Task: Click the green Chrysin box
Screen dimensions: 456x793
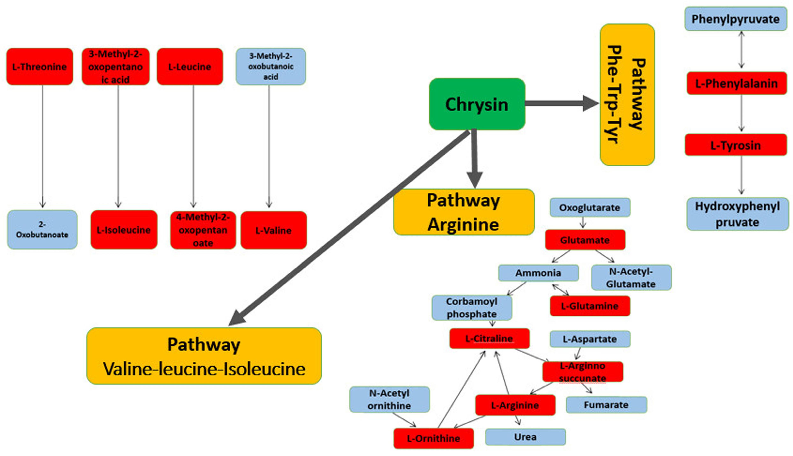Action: tap(477, 104)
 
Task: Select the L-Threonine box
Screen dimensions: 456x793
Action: tap(39, 66)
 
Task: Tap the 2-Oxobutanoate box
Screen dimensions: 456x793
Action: tap(42, 230)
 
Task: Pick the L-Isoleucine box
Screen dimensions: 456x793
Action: tap(124, 230)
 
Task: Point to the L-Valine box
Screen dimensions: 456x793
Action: tap(273, 230)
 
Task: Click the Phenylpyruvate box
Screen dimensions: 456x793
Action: tap(735, 19)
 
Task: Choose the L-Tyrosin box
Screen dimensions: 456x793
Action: tap(735, 145)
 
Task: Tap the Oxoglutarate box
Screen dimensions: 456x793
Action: tap(590, 207)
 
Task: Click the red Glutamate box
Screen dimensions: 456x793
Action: tap(585, 240)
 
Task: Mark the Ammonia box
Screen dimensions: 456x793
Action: tap(538, 273)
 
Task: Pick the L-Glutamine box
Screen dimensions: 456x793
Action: tap(590, 306)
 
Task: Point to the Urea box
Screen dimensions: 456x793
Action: tap(525, 437)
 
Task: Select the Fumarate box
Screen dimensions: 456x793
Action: tap(606, 405)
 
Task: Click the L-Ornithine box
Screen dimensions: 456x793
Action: tap(434, 438)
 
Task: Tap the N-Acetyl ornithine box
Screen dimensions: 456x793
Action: tap(389, 399)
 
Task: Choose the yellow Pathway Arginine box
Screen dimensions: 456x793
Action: tap(464, 212)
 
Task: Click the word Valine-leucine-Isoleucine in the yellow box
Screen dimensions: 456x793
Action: tap(204, 369)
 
